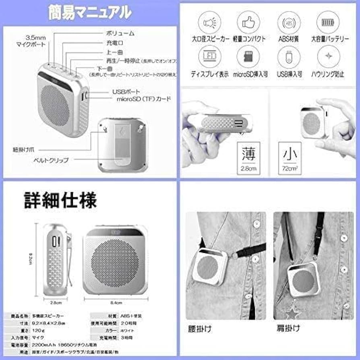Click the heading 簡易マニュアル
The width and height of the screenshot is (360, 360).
89,12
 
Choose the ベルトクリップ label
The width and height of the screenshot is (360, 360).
51,160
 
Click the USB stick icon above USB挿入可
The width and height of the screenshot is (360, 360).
288,57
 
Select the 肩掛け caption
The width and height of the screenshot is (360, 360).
288,328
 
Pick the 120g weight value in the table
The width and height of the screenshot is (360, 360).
39,330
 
